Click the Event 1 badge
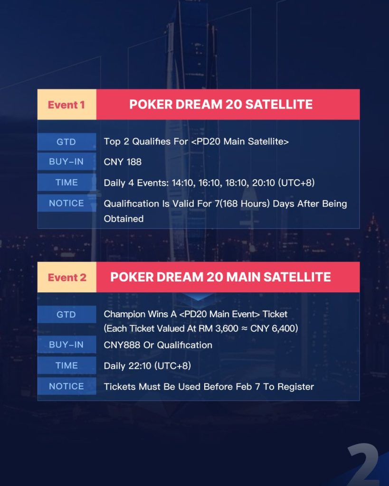point(66,104)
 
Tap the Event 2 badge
point(66,277)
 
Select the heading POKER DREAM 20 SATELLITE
point(221,104)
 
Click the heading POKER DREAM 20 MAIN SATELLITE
point(220,277)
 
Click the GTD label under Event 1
point(66,141)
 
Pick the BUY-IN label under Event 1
point(66,161)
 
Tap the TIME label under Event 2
point(66,365)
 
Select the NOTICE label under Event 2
point(66,386)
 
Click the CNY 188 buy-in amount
point(123,162)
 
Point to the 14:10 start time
point(182,183)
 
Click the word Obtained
point(123,218)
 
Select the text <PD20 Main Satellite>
point(240,141)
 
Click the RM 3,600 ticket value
point(218,328)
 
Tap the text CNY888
point(122,345)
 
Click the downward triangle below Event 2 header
point(198,297)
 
